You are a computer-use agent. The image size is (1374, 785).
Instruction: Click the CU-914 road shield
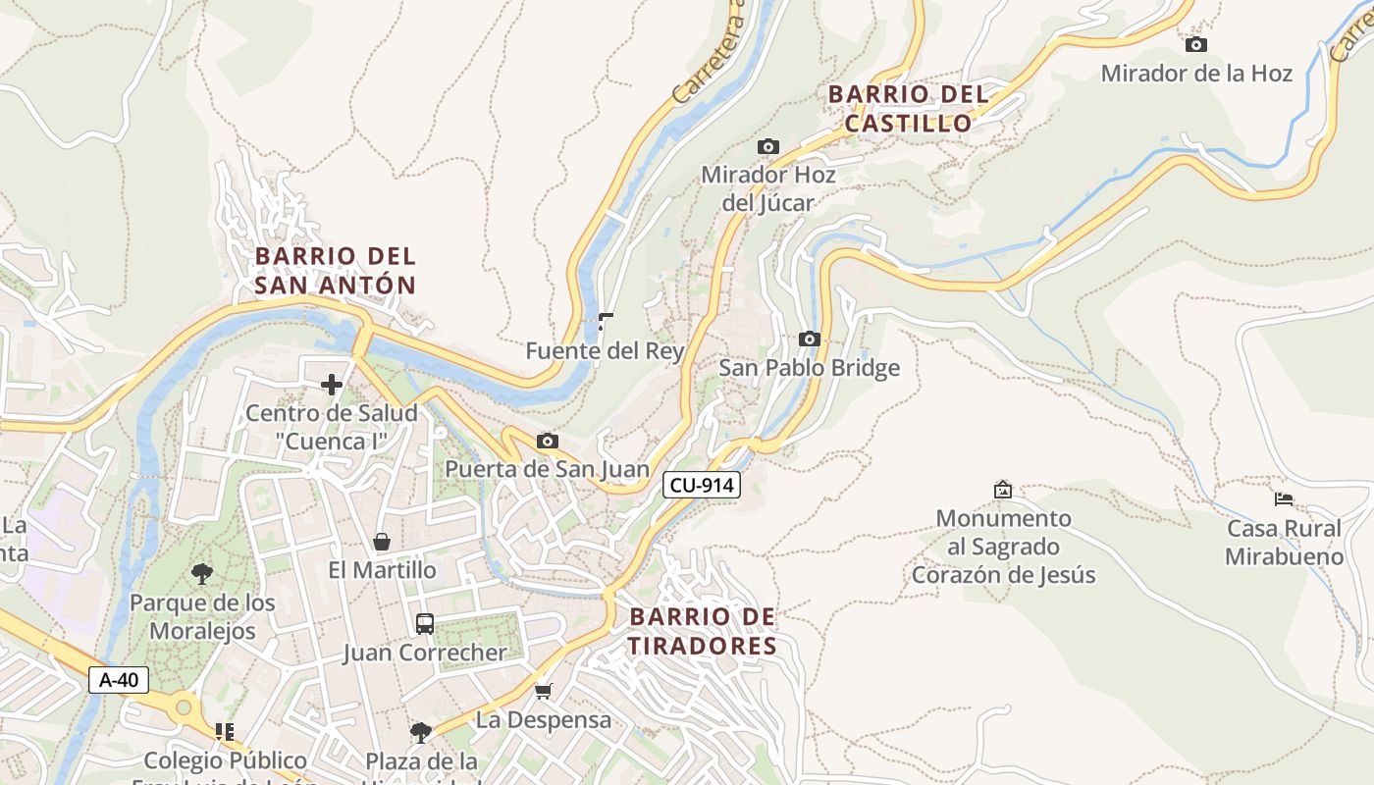coord(701,485)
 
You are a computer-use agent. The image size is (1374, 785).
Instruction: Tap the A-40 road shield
coord(119,680)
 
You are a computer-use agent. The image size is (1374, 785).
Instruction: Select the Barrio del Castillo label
coord(908,109)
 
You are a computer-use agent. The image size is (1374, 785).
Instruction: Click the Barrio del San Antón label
coord(336,271)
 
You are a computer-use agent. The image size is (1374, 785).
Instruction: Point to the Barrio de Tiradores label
coord(703,631)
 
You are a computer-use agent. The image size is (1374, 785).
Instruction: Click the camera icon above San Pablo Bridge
coord(809,340)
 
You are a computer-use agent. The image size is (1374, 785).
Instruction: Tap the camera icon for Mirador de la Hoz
coord(1195,45)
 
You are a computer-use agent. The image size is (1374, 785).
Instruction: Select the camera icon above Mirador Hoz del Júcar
coord(767,147)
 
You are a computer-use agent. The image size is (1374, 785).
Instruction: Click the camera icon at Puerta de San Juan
coord(548,442)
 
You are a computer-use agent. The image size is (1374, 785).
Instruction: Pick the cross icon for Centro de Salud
coord(332,385)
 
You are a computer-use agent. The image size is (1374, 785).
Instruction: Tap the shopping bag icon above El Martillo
coord(382,542)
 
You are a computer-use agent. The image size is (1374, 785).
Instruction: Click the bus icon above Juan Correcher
coord(425,624)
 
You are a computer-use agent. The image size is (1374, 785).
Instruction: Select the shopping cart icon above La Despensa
coord(544,691)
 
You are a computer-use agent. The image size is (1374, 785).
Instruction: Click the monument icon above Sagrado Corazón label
coord(1002,489)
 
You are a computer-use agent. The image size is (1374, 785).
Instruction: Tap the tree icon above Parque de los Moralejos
coord(202,573)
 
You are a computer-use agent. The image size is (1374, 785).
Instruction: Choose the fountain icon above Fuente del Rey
coord(606,321)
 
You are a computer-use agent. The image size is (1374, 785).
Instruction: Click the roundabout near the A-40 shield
coord(183,706)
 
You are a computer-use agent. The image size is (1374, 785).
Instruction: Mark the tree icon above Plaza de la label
coord(421,732)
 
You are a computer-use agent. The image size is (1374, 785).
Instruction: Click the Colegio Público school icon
coord(225,732)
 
